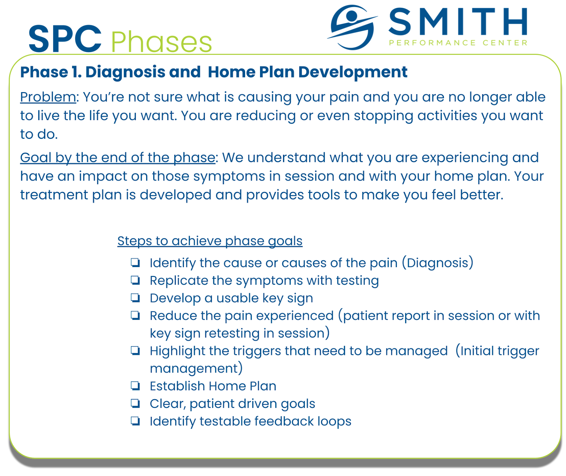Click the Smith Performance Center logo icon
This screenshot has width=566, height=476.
(352, 27)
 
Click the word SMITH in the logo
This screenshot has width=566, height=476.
(458, 22)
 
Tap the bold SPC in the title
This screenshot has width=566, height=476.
(65, 39)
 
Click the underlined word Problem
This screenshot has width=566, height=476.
(48, 97)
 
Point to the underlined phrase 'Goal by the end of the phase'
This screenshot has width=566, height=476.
(117, 158)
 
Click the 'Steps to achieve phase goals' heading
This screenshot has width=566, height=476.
(210, 241)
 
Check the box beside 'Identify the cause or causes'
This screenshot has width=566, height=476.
(135, 263)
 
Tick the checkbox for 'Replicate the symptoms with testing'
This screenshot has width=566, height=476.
(135, 280)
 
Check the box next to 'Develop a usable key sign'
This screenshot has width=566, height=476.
(135, 298)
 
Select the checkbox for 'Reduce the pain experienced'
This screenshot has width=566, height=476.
(135, 316)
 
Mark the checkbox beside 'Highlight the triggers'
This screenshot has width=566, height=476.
(135, 351)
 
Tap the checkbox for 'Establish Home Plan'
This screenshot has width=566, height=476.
(135, 386)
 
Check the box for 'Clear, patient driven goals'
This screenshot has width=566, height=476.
(135, 403)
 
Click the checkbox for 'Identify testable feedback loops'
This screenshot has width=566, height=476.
(135, 421)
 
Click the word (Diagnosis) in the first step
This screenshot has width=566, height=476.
(438, 263)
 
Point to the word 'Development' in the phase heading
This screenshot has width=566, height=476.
(353, 72)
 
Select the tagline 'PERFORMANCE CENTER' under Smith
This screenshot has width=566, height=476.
(458, 43)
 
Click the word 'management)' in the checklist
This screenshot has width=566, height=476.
(196, 369)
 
